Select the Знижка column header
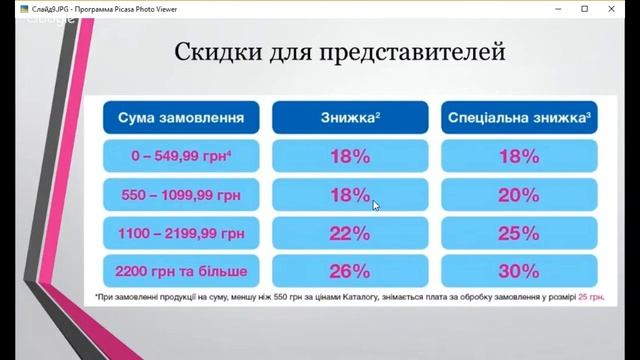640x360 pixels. (x=350, y=118)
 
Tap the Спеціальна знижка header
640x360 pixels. (x=519, y=118)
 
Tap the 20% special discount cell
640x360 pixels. (x=519, y=196)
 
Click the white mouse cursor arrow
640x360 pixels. (x=376, y=205)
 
